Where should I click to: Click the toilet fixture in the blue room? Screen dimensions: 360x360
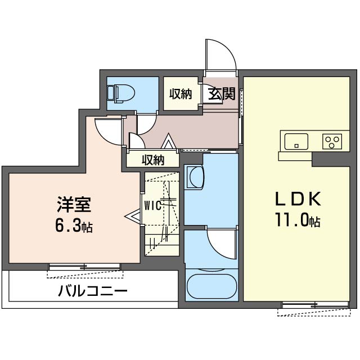coord(120,94)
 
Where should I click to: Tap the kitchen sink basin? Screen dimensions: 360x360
coord(296,141)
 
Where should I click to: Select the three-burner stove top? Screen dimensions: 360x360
coord(332,141)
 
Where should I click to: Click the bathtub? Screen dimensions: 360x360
coord(211,286)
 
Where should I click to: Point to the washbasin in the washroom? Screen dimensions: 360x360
coord(195,177)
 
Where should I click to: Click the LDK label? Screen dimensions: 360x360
coord(298,199)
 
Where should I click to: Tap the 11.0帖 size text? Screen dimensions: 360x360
coord(298,220)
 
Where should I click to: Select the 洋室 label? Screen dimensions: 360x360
coord(74,204)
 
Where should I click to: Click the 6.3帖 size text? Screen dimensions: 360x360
coord(74,226)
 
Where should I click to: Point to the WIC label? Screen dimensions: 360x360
coord(152,206)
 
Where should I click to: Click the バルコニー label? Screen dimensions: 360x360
coord(92,291)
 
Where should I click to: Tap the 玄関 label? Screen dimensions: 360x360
coord(222,94)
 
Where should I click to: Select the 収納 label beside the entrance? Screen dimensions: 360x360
coord(181,94)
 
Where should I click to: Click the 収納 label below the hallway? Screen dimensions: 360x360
coord(153,160)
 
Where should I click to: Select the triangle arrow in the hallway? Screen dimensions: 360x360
coord(168,141)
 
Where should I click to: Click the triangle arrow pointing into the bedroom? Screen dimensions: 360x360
coord(132,216)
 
